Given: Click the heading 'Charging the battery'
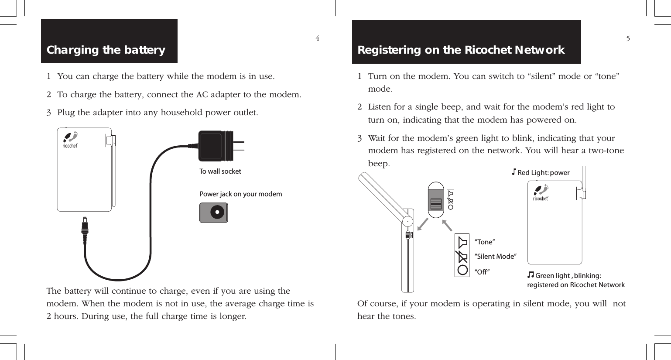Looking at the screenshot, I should [x=106, y=50].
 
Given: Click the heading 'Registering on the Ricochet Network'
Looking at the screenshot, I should [x=461, y=50].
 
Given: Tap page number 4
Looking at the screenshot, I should [x=318, y=38].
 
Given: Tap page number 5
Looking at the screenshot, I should [x=628, y=38].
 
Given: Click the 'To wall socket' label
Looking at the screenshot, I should [x=220, y=171].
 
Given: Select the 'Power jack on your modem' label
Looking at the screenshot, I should [x=240, y=194].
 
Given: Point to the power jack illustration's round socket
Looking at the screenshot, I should [x=217, y=213].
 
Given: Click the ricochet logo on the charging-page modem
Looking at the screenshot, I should [x=70, y=140].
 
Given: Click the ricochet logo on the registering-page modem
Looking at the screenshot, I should [x=541, y=193].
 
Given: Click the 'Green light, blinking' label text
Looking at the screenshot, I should [x=568, y=276].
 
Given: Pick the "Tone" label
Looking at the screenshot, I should [x=484, y=242].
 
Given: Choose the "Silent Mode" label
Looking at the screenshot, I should [x=495, y=257].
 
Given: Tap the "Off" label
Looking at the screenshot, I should [x=482, y=272].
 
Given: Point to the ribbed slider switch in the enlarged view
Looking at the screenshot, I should [x=435, y=203].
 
